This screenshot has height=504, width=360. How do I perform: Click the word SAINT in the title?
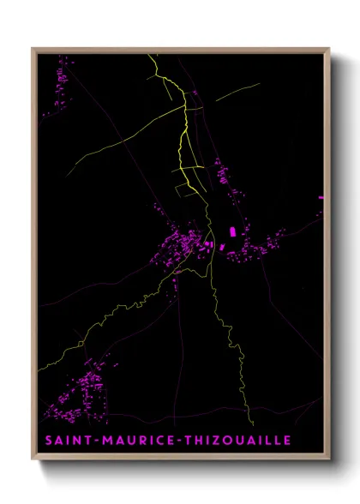63,441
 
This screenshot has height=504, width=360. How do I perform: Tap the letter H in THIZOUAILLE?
189,441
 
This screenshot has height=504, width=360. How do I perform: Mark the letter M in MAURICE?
104,441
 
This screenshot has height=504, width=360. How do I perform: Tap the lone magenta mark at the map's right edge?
322,198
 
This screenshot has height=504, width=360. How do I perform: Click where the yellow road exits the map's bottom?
251,424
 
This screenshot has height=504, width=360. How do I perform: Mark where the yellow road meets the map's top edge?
151,55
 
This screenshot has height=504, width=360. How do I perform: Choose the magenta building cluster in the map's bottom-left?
86,390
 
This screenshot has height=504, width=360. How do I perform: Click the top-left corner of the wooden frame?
33,49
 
